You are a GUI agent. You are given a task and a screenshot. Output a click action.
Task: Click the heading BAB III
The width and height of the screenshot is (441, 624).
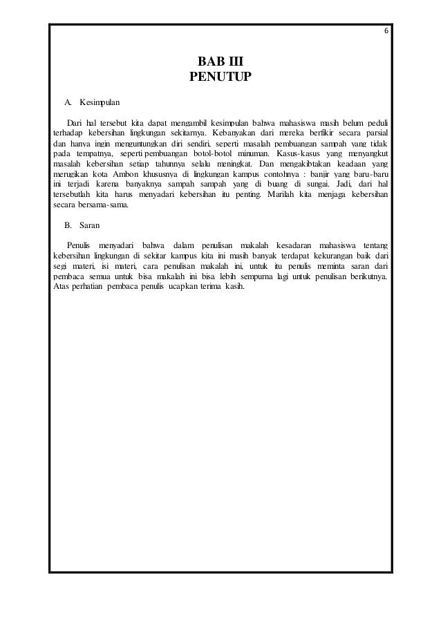coord(220,60)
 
